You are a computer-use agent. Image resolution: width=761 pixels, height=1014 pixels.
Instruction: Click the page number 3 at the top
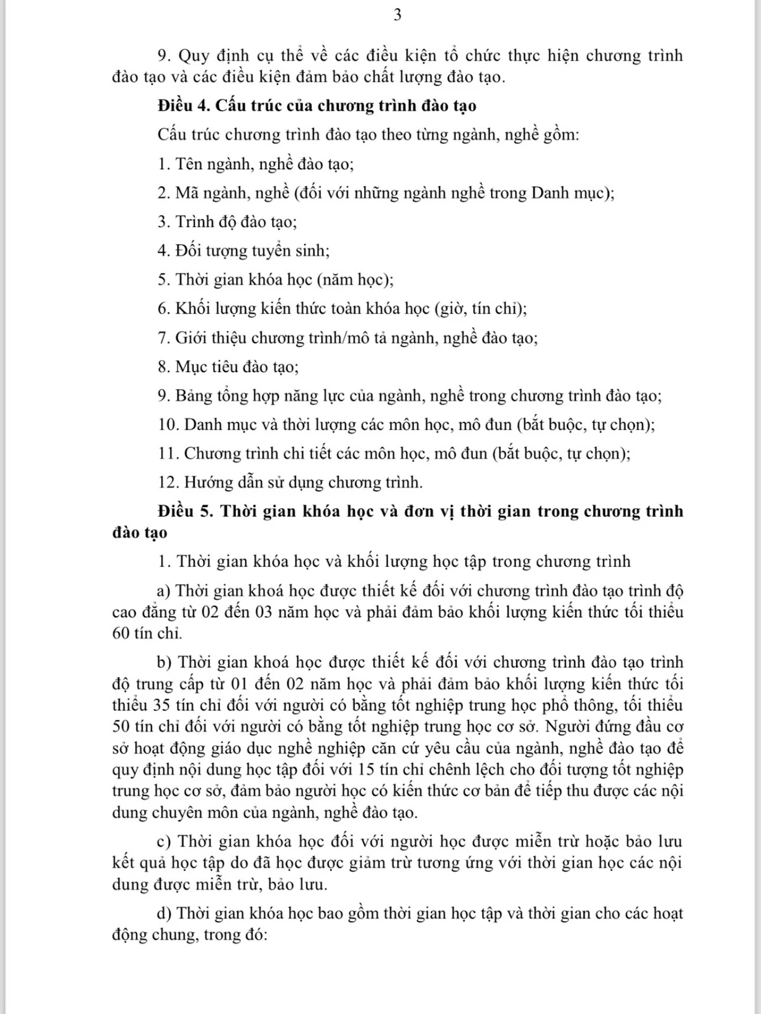(398, 15)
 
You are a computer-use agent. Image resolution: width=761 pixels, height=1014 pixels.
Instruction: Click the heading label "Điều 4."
(184, 105)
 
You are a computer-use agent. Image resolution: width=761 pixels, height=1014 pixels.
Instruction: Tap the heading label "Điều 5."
(186, 511)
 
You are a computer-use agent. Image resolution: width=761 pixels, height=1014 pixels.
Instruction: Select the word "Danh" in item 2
(550, 193)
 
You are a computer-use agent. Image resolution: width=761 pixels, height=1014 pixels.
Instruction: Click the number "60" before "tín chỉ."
(122, 633)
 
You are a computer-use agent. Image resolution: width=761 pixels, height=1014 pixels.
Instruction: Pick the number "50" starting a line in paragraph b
(122, 726)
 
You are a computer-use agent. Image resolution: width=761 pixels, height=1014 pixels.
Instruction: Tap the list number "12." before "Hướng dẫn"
(169, 482)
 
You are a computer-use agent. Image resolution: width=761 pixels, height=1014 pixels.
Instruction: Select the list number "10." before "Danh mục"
(169, 425)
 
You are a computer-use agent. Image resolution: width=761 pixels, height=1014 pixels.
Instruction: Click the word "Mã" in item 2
(186, 193)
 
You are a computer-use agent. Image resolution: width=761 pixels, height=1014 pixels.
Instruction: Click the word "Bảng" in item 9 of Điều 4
(193, 396)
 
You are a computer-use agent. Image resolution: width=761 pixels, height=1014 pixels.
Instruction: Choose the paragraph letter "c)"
(165, 841)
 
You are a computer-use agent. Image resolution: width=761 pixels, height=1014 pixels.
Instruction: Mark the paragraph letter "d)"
(165, 913)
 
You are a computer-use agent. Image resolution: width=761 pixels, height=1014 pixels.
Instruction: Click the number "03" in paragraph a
(264, 612)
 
